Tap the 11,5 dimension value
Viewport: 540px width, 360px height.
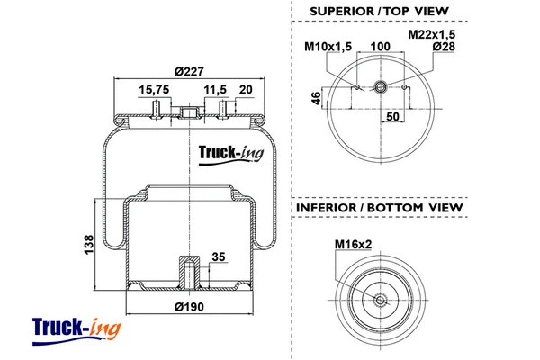click(x=214, y=90)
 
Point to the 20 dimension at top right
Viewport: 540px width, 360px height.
click(x=247, y=90)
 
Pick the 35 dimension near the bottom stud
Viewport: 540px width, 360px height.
click(x=218, y=256)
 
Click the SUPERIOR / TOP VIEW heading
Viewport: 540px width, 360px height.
click(x=379, y=12)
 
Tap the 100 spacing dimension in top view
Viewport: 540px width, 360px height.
click(x=381, y=47)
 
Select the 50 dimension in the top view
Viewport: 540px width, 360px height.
click(x=393, y=117)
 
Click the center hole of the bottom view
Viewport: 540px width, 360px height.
click(x=381, y=301)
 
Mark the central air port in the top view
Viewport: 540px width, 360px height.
click(x=381, y=87)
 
